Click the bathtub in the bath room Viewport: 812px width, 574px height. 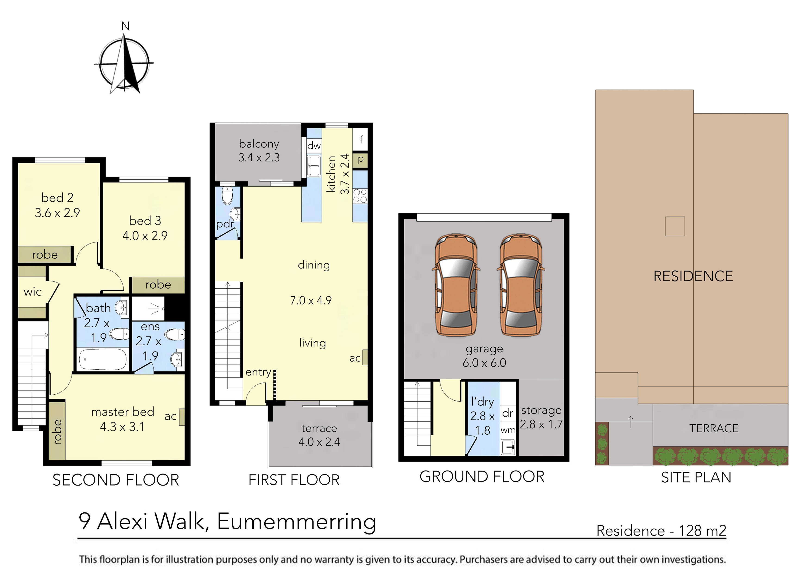pos(103,359)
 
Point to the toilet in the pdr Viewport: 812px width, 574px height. pos(227,195)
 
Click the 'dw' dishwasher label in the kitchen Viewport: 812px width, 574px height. pos(314,146)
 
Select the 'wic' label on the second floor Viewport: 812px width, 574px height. pos(33,292)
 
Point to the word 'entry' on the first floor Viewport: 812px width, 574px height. pos(258,372)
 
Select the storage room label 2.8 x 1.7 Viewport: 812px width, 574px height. pos(541,424)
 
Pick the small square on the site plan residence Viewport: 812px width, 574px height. pos(675,226)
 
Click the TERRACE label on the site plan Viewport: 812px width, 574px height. pos(714,428)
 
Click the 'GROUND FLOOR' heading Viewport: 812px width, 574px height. pos(482,477)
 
